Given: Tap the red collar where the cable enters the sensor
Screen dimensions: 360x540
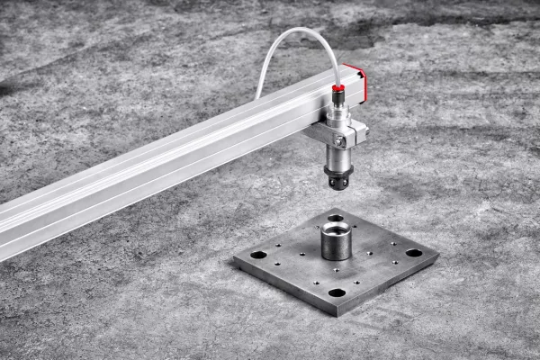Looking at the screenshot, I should click(338, 88).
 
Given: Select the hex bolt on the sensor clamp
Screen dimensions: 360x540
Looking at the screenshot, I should click(339, 141).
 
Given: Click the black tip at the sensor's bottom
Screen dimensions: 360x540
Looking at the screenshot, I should click(339, 183).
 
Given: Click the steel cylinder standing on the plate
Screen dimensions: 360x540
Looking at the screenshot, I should click(335, 242).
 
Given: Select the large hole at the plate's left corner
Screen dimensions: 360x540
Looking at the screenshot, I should click(258, 255).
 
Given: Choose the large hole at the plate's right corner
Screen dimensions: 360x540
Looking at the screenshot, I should click(414, 253).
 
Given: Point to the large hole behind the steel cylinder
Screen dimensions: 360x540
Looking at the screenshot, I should click(336, 218).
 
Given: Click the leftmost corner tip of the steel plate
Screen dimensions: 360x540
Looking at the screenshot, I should click(233, 260).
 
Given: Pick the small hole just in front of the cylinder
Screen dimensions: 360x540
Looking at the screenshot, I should click(335, 266).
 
